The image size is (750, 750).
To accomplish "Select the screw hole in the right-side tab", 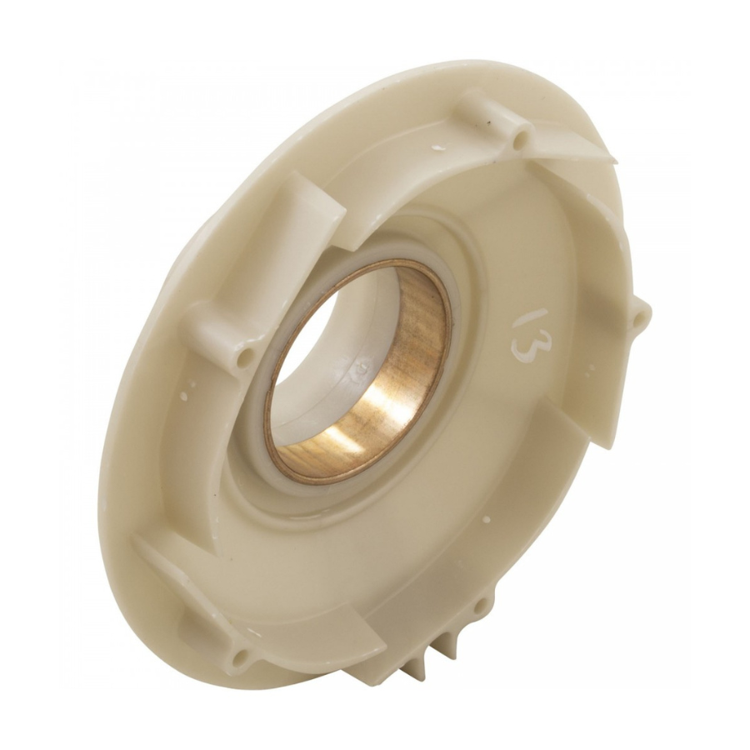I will coord(639,317).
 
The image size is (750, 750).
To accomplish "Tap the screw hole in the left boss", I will coord(243,359).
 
